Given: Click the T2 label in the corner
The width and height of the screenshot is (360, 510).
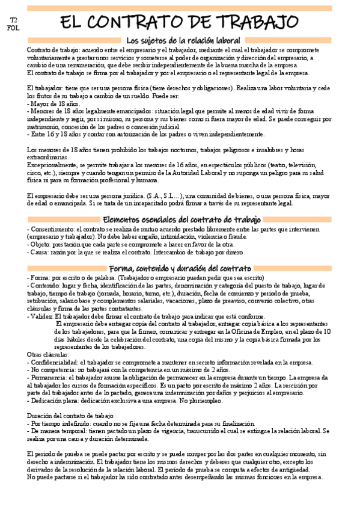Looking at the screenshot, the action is (x=14, y=21).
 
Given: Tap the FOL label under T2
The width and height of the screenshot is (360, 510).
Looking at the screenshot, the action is (x=14, y=28).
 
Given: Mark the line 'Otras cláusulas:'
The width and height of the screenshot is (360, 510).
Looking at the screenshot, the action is (x=49, y=355).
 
